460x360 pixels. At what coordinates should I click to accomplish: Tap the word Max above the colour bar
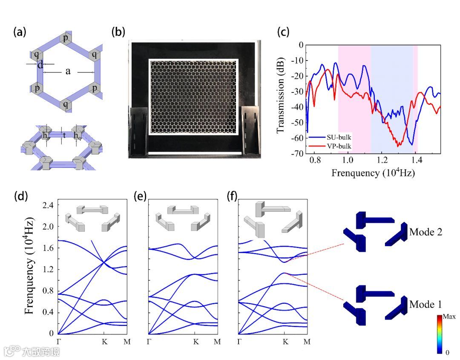pyautogui.click(x=449, y=317)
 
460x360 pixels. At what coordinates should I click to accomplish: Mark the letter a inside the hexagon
pyautogui.click(x=68, y=72)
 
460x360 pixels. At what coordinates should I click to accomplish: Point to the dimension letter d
pyautogui.click(x=40, y=65)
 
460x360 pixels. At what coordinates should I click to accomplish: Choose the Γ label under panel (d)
pyautogui.click(x=58, y=342)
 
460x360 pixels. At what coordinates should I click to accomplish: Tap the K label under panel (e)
pyautogui.click(x=195, y=342)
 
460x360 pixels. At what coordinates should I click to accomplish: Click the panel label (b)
pyautogui.click(x=118, y=33)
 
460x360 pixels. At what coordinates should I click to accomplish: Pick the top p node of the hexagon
pyautogui.click(x=66, y=38)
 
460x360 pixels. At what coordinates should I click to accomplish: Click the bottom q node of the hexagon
pyautogui.click(x=66, y=104)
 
